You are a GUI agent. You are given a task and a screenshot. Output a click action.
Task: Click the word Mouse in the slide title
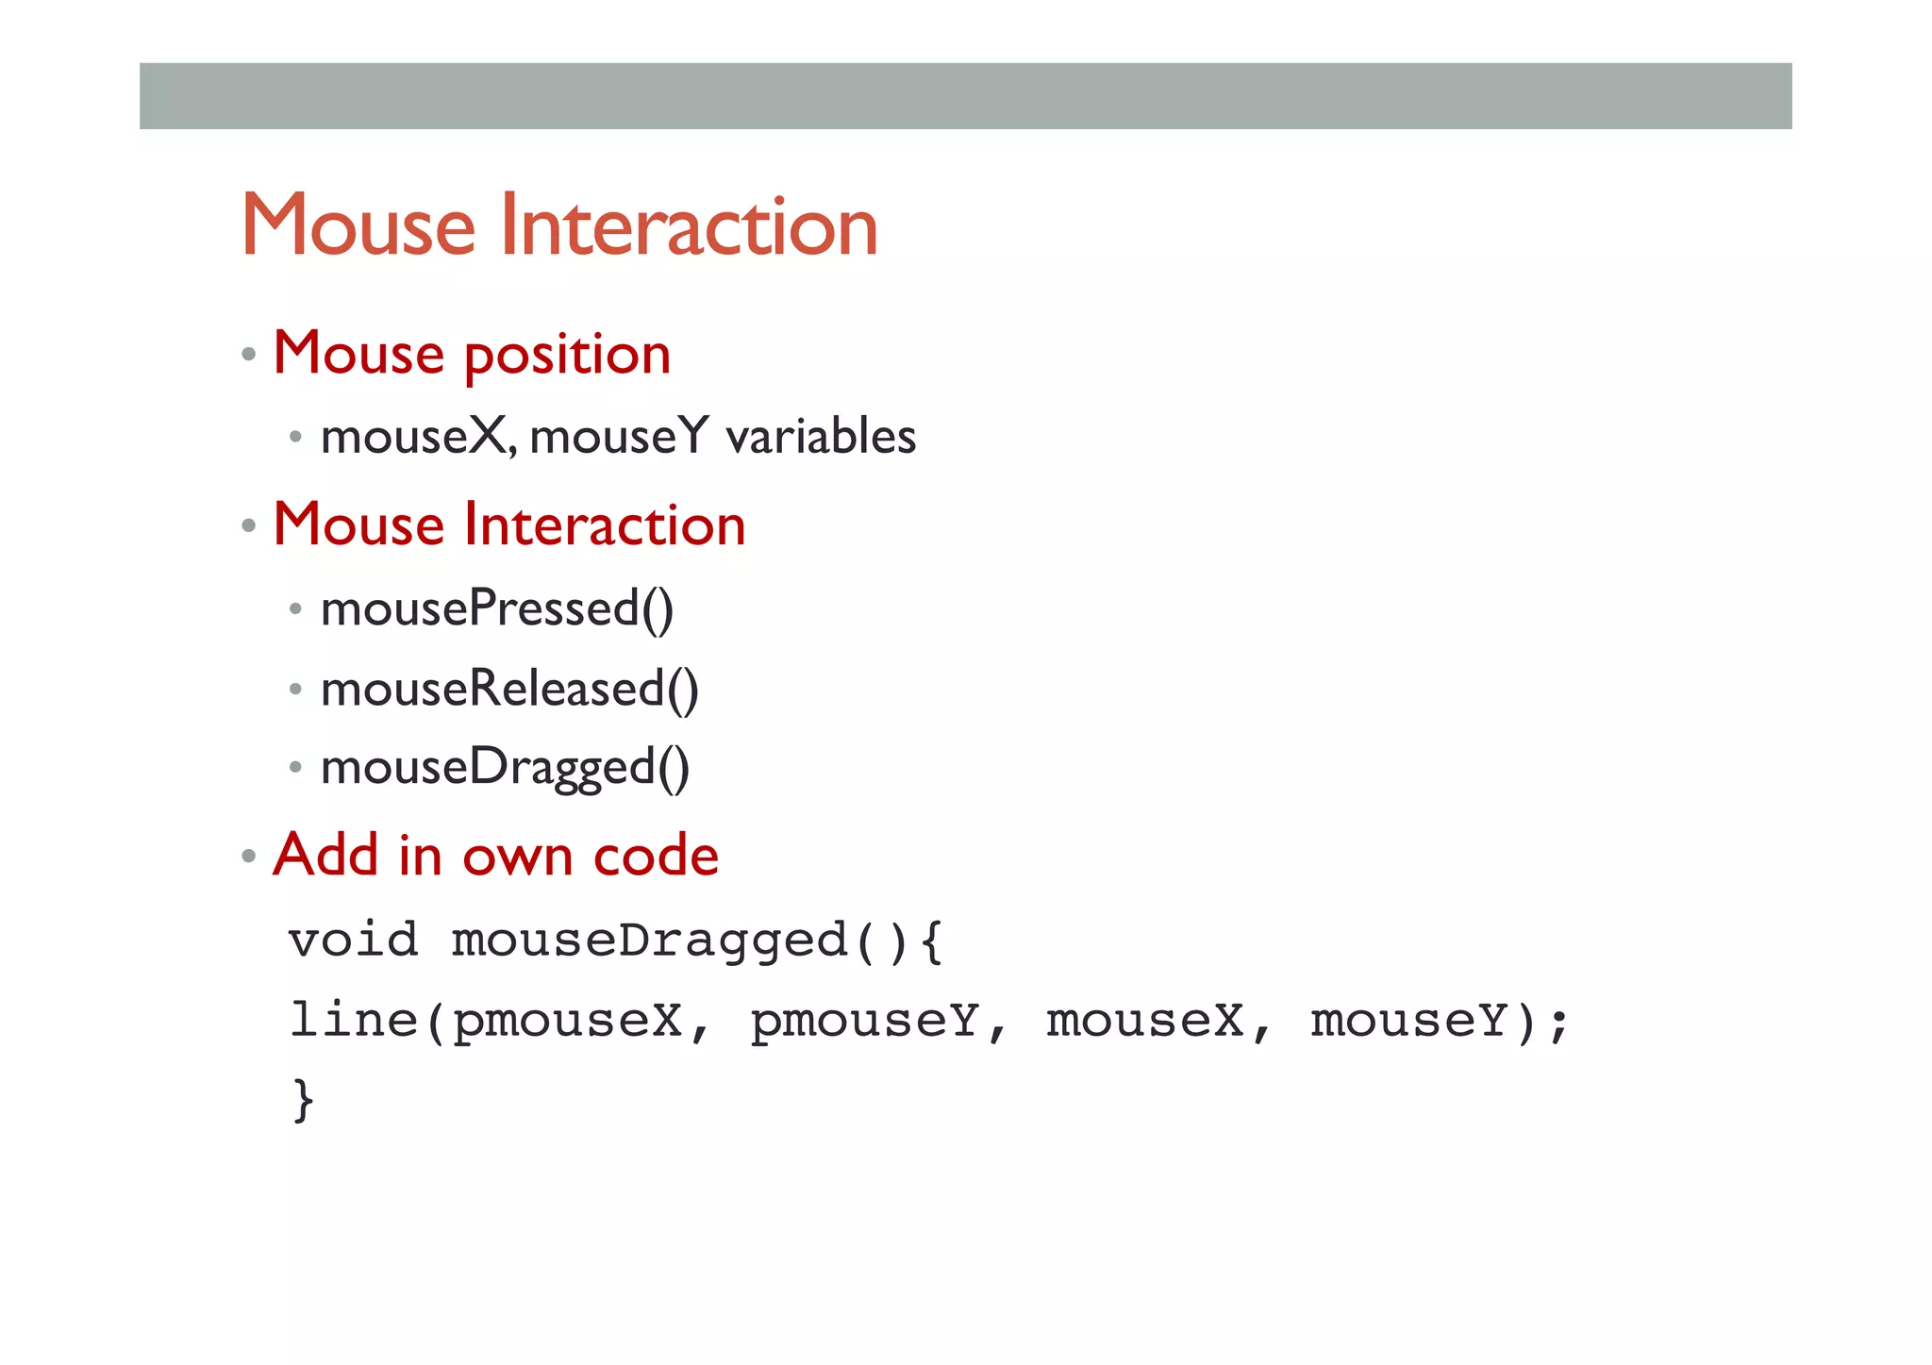point(358,226)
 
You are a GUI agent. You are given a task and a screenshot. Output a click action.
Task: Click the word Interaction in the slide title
point(689,226)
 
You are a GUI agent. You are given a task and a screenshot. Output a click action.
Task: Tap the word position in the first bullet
point(567,357)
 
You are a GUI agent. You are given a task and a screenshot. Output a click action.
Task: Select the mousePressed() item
point(497,609)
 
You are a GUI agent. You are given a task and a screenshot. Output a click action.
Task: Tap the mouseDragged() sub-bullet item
point(505,768)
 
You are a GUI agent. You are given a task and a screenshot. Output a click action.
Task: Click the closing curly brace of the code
point(302,1100)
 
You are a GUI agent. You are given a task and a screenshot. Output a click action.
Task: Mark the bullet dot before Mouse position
point(249,356)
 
